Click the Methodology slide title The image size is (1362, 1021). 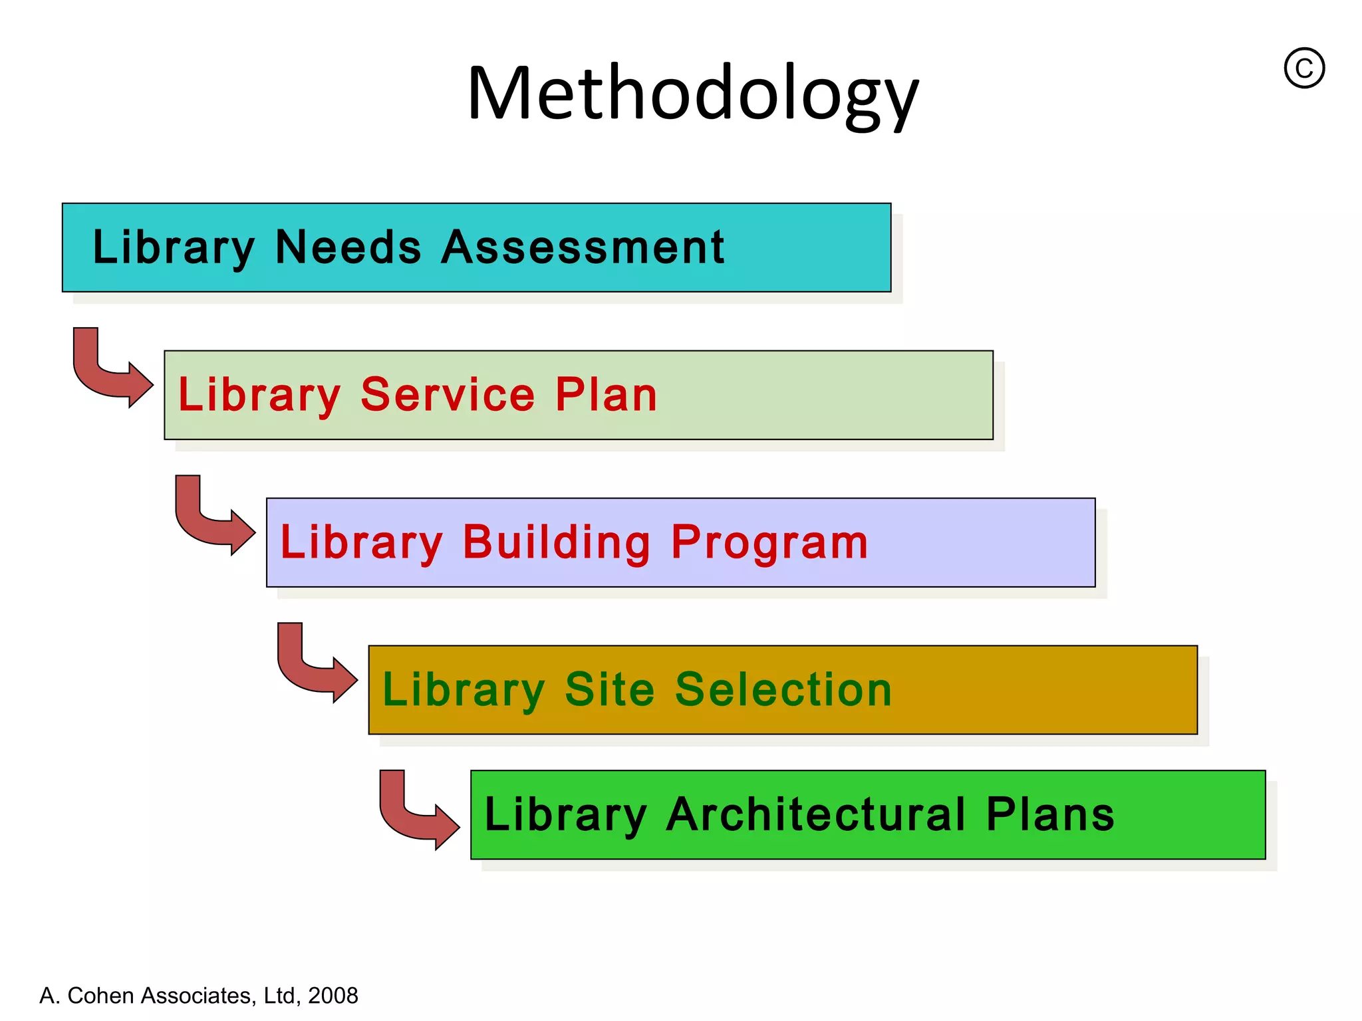tap(692, 93)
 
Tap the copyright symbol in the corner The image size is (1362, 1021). tap(1303, 68)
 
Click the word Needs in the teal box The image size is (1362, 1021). tap(348, 247)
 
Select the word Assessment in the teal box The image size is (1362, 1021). tap(583, 247)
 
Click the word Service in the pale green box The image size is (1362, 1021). tap(448, 395)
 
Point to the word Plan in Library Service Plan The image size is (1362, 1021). tap(606, 395)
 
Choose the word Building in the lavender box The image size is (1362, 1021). tap(556, 542)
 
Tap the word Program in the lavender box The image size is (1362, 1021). tap(769, 542)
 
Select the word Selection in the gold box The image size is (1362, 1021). tap(783, 689)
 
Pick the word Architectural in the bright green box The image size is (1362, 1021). tap(815, 814)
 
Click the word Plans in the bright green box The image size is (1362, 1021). tap(1049, 814)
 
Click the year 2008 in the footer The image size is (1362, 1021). tap(333, 995)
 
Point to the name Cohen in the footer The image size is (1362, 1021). tap(100, 995)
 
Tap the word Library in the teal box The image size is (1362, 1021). tap(174, 247)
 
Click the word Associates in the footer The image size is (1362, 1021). tap(196, 995)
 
